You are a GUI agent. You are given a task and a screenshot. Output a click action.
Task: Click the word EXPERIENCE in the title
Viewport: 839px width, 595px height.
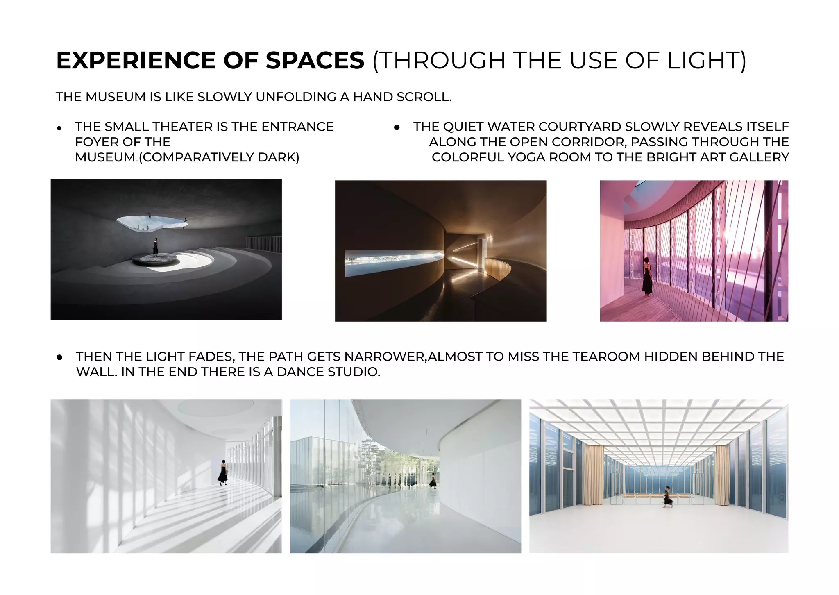[x=135, y=61]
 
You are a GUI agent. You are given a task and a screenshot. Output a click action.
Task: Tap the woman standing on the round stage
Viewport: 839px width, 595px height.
[x=155, y=247]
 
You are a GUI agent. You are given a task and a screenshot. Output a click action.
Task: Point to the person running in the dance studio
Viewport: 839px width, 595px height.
[x=668, y=497]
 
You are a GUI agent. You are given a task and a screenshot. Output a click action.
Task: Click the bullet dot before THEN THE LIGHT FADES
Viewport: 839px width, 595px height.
[x=60, y=357]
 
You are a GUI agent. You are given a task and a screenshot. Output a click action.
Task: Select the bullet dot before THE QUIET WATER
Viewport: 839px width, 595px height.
[x=397, y=128]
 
